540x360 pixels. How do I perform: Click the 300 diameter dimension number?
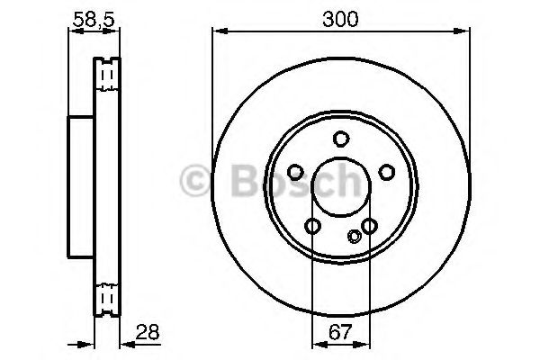(x=340, y=18)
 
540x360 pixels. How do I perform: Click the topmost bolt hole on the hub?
(x=340, y=139)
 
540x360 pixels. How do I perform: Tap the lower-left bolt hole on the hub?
(x=312, y=227)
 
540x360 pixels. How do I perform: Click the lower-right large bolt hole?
(x=369, y=227)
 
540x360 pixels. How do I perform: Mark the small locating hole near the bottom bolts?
(x=355, y=238)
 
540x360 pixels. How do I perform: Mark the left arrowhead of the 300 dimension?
(x=217, y=32)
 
